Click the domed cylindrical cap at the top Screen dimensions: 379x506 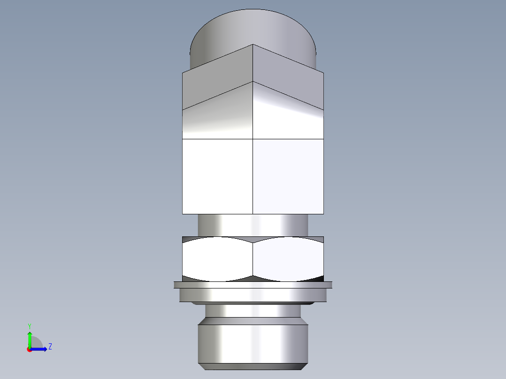[253, 28]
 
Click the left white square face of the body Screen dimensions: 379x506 [217, 176]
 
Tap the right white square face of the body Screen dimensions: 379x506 [288, 176]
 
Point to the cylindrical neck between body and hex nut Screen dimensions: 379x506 [253, 225]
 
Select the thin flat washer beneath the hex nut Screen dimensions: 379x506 [253, 285]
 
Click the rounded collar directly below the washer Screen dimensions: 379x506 [253, 295]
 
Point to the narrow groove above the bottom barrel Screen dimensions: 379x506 [253, 311]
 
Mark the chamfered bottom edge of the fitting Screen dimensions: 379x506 [253, 366]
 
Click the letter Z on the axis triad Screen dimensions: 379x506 [50, 347]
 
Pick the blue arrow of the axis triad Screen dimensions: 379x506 [40, 349]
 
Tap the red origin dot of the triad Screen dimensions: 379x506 [29, 349]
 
